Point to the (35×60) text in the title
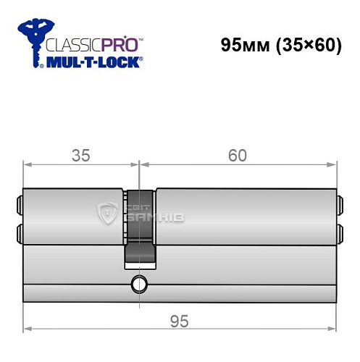click(x=306, y=46)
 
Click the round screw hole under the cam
click(x=138, y=283)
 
